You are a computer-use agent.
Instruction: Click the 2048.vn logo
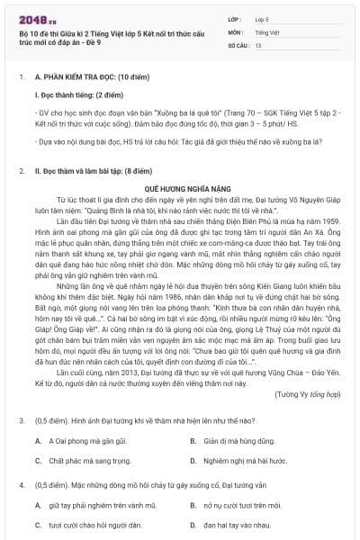click(x=37, y=19)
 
